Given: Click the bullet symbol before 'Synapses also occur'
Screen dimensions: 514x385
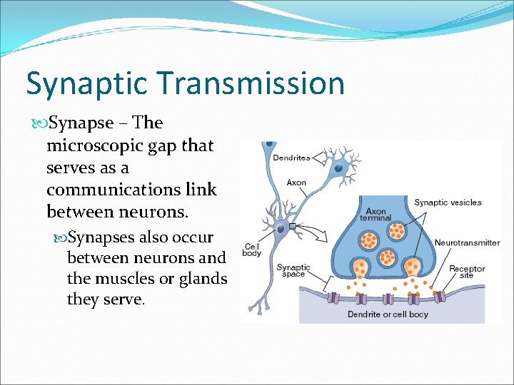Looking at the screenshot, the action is click(60, 237).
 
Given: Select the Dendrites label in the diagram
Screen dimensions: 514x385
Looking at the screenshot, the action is click(291, 158).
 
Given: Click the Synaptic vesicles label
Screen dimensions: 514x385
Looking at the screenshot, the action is click(448, 202).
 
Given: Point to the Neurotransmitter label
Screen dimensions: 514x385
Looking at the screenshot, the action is click(467, 242).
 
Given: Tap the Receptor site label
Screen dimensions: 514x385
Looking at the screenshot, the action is click(467, 272).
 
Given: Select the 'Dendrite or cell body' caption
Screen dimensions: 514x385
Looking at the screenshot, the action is click(388, 314).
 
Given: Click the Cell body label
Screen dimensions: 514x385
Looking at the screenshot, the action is click(252, 248).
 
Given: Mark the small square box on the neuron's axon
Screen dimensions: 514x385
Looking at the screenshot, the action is click(293, 227).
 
